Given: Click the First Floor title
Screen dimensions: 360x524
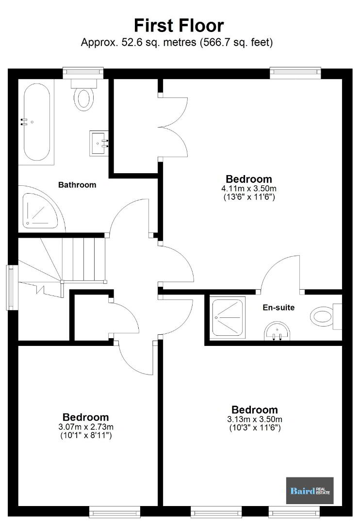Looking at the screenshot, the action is pos(179,26).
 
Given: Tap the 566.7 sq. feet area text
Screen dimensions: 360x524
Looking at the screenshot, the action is pos(236,43).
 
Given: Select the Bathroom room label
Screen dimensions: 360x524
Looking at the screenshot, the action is pos(77,185).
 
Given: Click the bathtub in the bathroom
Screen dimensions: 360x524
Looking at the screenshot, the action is pos(37,122).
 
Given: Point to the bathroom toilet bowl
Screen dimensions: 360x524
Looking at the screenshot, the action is pos(83,99).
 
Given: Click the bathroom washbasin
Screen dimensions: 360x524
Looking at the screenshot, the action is pos(99,143).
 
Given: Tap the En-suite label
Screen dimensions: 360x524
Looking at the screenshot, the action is pos(279,308).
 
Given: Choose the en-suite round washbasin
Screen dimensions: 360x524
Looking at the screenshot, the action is pos(277,331).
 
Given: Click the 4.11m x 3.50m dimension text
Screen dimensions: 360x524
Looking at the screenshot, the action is pos(249,188).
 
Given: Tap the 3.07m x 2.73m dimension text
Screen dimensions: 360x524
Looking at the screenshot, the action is pos(86,427).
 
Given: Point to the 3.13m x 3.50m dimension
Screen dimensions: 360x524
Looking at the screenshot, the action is pos(255,419).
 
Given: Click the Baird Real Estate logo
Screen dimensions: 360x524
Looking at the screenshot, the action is pos(310,491).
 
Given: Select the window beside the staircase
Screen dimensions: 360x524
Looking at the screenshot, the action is pos(12,287).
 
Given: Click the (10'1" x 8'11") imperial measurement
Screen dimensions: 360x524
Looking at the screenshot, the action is pos(86,435).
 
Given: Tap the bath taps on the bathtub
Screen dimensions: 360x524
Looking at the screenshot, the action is pos(23,122).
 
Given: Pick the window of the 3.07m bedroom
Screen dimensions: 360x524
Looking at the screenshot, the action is pos(115,512).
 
